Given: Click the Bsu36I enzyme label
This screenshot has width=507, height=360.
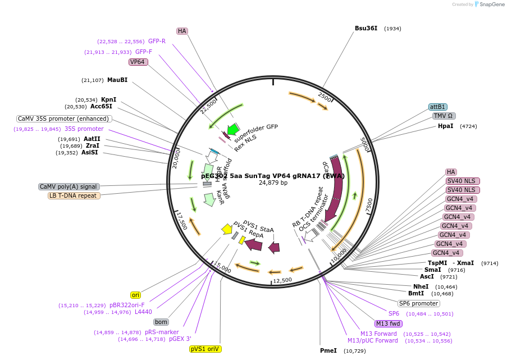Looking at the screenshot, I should pyautogui.click(x=366, y=28).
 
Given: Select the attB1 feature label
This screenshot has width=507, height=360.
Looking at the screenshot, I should pyautogui.click(x=437, y=107).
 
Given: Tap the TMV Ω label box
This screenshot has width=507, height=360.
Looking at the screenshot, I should pyautogui.click(x=444, y=116).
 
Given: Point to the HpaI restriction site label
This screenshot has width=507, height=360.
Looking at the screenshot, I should pyautogui.click(x=445, y=126).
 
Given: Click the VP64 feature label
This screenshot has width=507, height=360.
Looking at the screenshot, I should pyautogui.click(x=138, y=62).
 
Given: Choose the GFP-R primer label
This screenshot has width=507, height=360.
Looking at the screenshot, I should pyautogui.click(x=157, y=41).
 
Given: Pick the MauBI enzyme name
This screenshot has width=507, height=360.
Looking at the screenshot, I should pyautogui.click(x=117, y=80).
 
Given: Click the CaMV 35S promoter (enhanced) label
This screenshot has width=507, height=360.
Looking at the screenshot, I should pyautogui.click(x=63, y=119).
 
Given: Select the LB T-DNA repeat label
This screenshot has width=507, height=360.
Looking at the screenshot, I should pyautogui.click(x=74, y=195).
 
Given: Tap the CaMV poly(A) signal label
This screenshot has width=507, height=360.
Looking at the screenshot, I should pyautogui.click(x=69, y=186).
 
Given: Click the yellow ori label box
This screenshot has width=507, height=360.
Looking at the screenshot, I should pyautogui.click(x=135, y=295).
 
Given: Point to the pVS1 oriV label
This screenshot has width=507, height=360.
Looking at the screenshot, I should pyautogui.click(x=205, y=349).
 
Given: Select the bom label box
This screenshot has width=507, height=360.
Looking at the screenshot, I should pyautogui.click(x=161, y=322).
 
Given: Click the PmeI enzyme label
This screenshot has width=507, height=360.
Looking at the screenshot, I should pyautogui.click(x=328, y=350).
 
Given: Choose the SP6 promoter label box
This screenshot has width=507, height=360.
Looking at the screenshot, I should pyautogui.click(x=418, y=303).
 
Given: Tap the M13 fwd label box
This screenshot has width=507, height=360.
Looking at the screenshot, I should pyautogui.click(x=389, y=323).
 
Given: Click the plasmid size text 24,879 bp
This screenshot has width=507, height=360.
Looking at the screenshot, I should pyautogui.click(x=273, y=183).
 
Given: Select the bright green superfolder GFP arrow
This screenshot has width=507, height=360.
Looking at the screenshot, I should pyautogui.click(x=232, y=129).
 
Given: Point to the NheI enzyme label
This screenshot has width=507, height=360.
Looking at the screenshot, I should pyautogui.click(x=421, y=286).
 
